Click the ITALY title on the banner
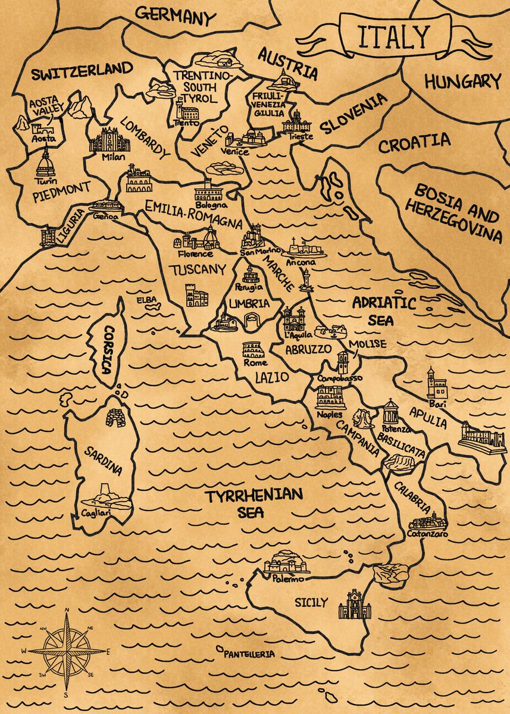(x=393, y=37)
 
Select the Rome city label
(x=255, y=363)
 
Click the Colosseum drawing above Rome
(x=254, y=350)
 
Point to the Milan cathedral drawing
(x=109, y=140)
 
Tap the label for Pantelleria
(x=249, y=654)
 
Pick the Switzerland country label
(x=82, y=71)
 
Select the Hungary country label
(x=462, y=82)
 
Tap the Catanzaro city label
(x=428, y=534)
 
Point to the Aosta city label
(x=43, y=139)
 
